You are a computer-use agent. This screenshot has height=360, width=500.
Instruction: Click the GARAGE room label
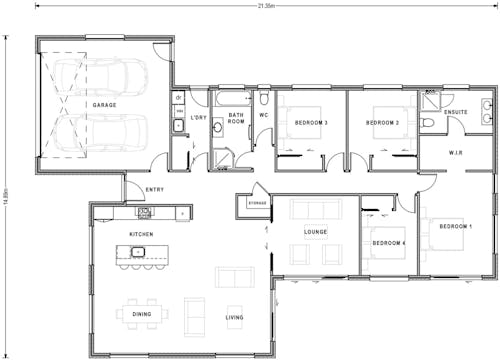[x=104, y=105]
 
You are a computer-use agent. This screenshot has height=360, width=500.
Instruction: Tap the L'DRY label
[x=198, y=119]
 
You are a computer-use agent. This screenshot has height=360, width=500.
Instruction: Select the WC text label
[x=263, y=115]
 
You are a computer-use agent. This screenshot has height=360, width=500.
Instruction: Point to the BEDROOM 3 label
[x=311, y=123]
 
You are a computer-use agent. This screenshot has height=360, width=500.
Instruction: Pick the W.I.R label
[x=455, y=153]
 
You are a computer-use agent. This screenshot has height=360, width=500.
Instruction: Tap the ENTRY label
[x=155, y=189]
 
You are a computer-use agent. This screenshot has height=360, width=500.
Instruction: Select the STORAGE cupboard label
[x=257, y=204]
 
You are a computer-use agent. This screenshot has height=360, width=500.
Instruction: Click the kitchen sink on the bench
[x=144, y=212]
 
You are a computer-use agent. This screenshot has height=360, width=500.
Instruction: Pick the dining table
[x=142, y=314]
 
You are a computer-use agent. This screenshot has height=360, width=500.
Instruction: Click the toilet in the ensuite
[x=428, y=121]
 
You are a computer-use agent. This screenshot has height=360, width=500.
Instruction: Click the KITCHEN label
[x=141, y=234]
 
